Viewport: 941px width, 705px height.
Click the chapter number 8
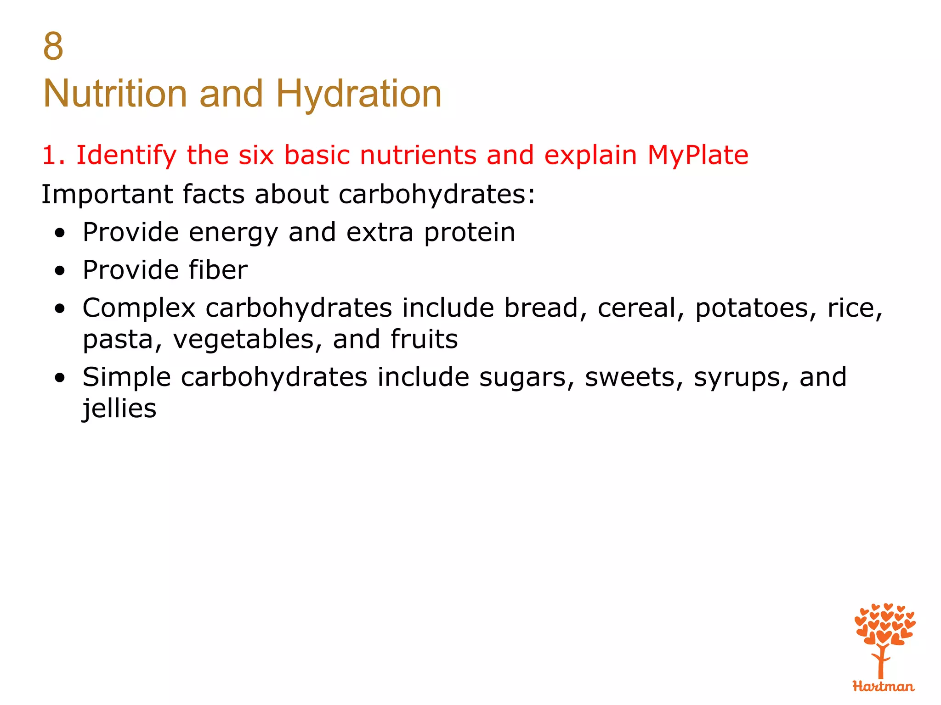53,47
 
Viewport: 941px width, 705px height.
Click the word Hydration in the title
358,94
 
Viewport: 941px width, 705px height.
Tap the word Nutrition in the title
115,94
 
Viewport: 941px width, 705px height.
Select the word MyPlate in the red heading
697,155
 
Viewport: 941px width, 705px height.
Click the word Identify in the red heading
126,155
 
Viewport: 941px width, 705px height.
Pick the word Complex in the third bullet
139,308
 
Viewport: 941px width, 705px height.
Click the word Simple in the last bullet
127,378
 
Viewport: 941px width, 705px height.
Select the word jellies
119,408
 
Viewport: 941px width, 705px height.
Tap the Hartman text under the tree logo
883,687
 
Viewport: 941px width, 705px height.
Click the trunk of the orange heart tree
881,663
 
